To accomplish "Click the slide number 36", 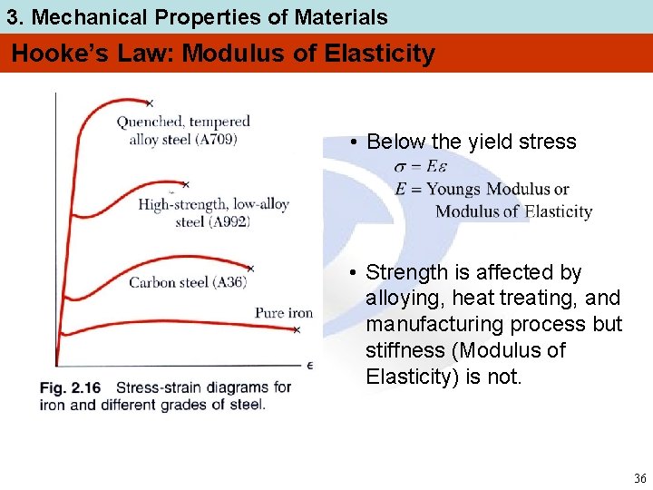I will (639, 478).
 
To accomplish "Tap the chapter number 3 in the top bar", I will (12, 17).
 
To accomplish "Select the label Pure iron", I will (283, 313).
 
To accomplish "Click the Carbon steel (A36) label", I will (187, 282).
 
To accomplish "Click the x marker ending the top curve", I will (150, 103).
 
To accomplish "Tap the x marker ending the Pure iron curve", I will (297, 330).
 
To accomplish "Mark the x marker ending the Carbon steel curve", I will (251, 269).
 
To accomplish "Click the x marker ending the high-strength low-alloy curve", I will (185, 184).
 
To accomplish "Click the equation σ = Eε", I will (421, 167).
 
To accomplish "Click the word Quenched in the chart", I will (151, 122).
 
